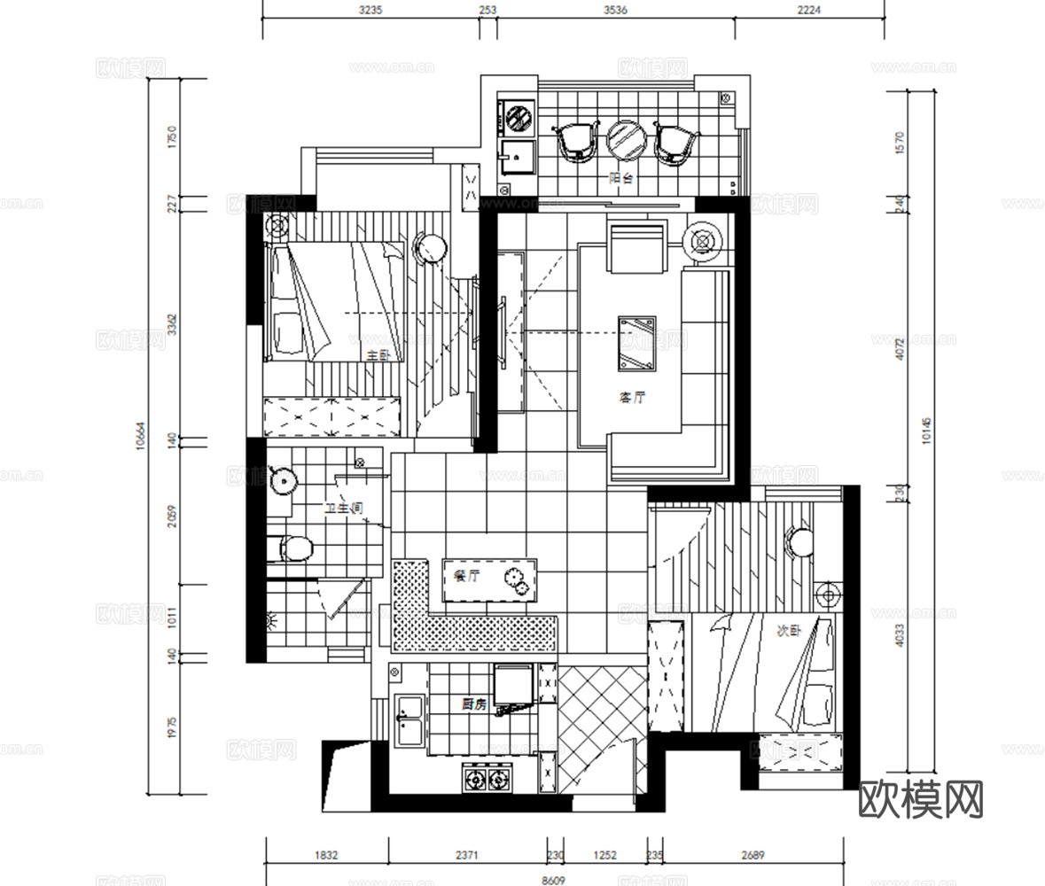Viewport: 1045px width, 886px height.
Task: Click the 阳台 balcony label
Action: [621, 178]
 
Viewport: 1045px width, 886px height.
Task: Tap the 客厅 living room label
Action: [632, 398]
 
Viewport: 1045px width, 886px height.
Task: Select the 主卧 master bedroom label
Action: [378, 355]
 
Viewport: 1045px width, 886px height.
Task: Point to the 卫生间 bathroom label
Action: [343, 509]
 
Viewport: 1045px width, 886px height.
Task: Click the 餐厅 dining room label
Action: [466, 576]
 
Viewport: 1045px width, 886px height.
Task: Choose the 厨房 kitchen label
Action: [474, 704]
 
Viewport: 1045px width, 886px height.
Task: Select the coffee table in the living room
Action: [637, 341]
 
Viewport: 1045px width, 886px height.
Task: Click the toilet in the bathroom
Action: [294, 548]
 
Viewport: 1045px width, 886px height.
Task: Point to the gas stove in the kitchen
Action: [488, 780]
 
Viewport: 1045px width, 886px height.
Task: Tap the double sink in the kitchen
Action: [410, 719]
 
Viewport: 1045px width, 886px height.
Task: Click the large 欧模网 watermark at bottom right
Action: [922, 799]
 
